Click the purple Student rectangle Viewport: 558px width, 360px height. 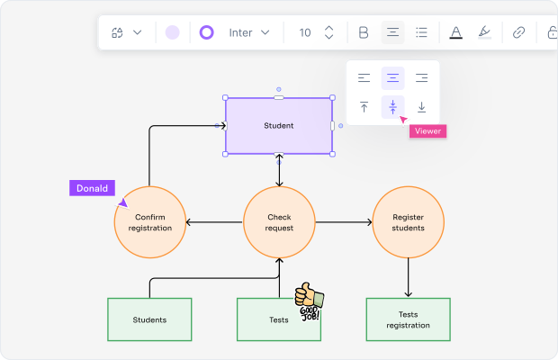click(278, 126)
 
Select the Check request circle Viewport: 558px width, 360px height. click(279, 221)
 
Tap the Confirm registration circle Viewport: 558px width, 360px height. click(149, 221)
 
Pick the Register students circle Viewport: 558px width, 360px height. click(408, 221)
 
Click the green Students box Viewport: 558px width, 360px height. click(149, 319)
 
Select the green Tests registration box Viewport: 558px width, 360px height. click(408, 319)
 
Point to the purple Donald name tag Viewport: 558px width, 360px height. click(93, 188)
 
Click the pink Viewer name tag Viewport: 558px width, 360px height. click(427, 130)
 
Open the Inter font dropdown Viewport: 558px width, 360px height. click(248, 32)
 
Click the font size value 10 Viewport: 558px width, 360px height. click(305, 32)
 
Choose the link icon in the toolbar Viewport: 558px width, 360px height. click(518, 32)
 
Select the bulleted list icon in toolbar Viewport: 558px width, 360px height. click(421, 32)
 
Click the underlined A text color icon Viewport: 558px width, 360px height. click(455, 32)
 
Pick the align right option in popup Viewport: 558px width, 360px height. click(421, 78)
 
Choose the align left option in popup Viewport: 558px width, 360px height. click(364, 78)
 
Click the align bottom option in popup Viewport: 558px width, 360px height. click(421, 107)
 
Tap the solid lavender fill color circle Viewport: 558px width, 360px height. click(172, 32)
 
